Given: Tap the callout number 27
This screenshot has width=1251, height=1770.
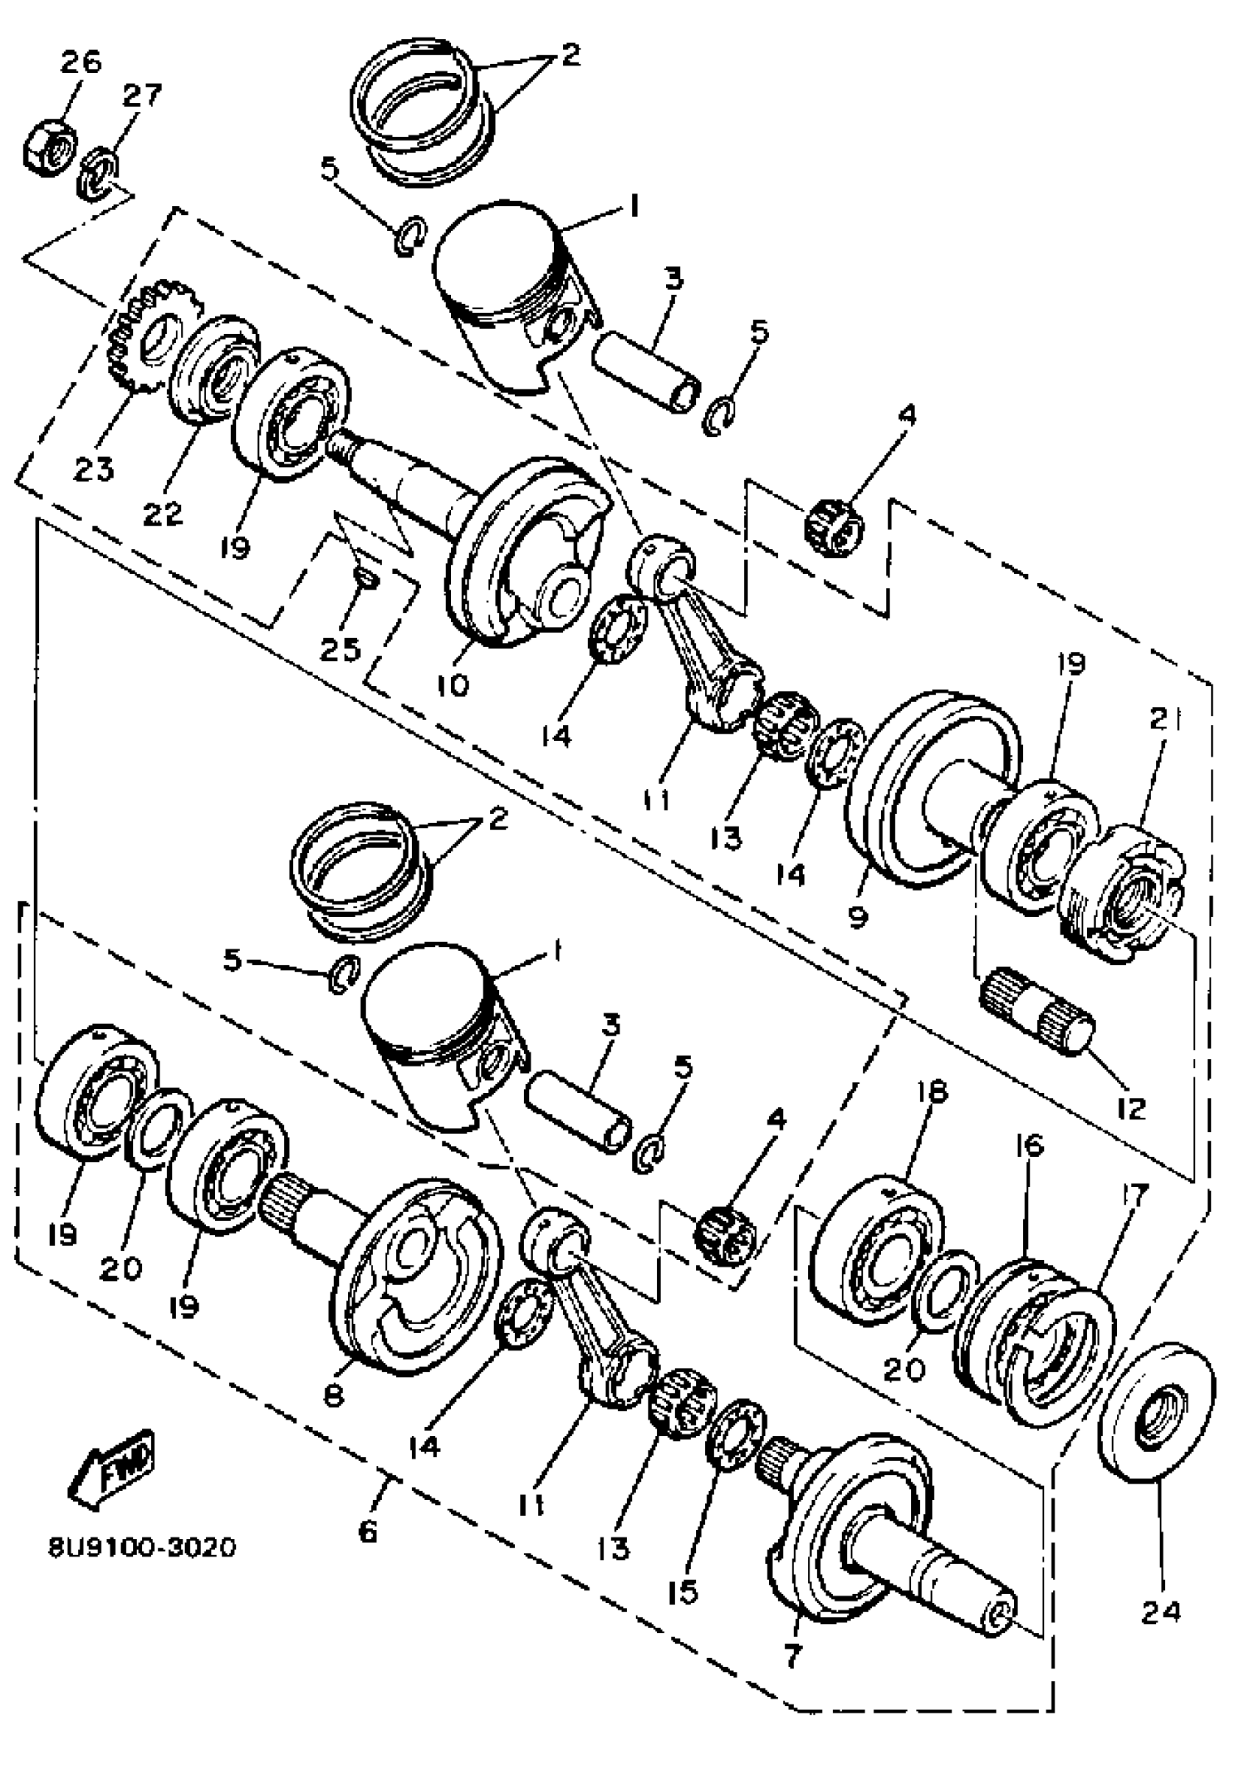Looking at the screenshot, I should [143, 95].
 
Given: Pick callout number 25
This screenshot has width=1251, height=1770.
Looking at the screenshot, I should [340, 650].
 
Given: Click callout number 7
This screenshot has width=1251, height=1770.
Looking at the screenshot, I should [794, 1654].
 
